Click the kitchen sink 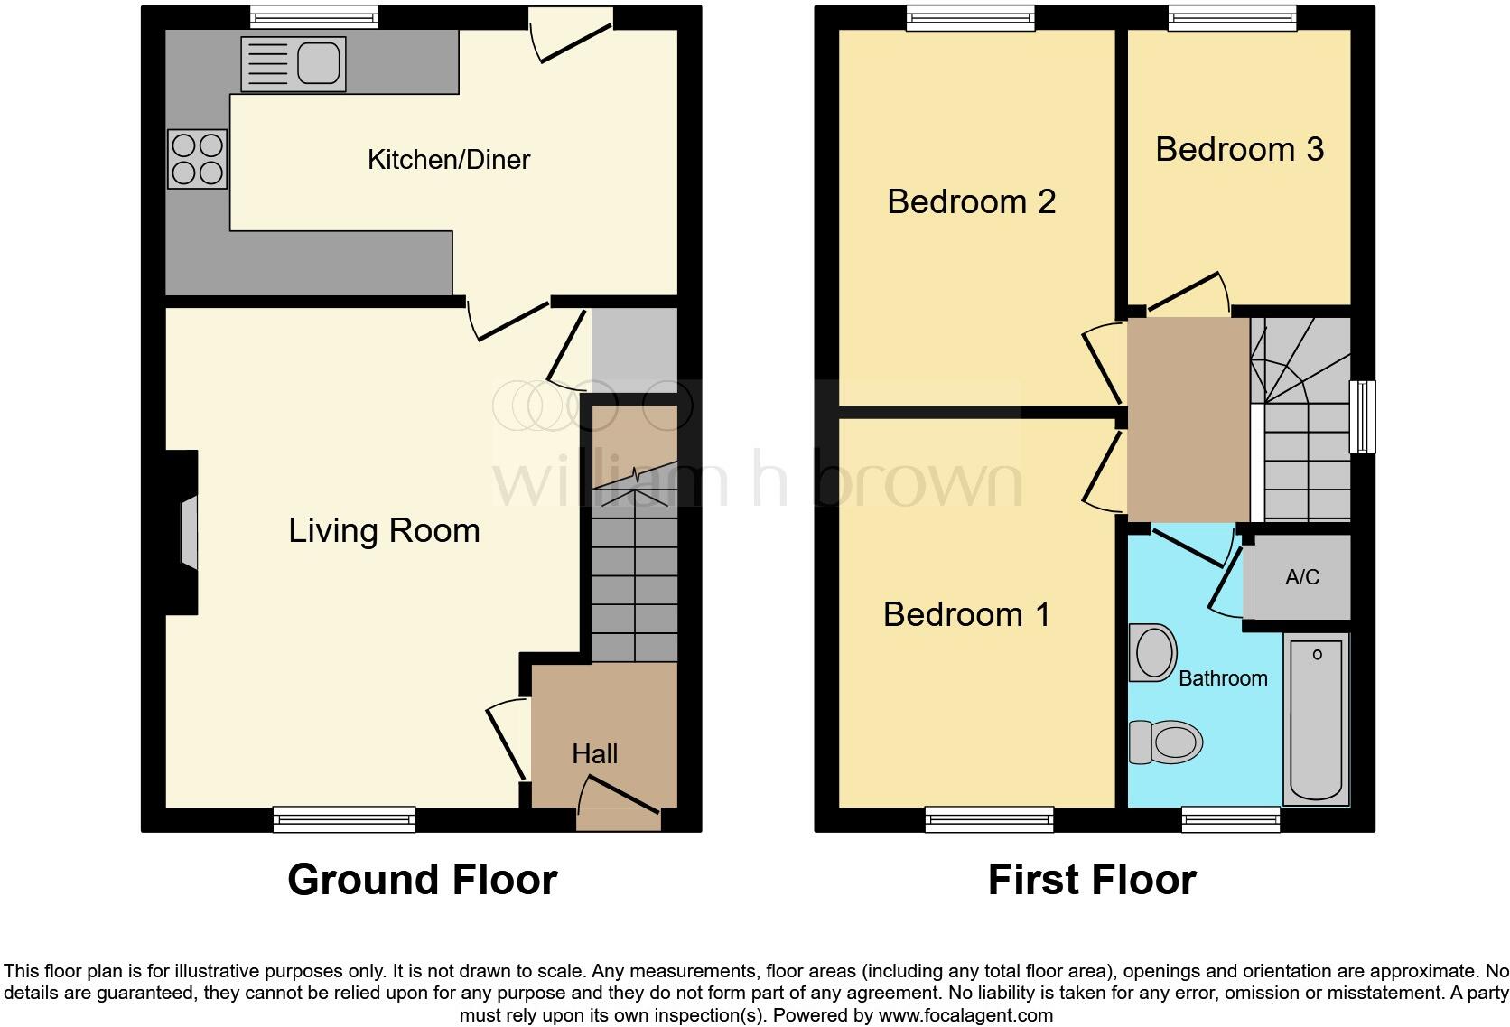pos(294,64)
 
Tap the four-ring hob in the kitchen pos(197,160)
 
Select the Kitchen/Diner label pos(449,160)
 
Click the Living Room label pos(384,530)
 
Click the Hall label pos(594,753)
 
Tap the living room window pos(344,819)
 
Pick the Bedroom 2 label pos(971,201)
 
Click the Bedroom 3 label pos(1239,149)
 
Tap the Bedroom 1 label pos(966,614)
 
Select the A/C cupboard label pos(1302,577)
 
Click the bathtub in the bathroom pos(1317,718)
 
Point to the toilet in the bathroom pos(1167,742)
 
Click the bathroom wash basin pos(1153,652)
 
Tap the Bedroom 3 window pos(1233,16)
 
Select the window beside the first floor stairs pos(1362,416)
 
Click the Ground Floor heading pos(422,880)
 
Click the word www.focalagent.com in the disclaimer pos(965,1015)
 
